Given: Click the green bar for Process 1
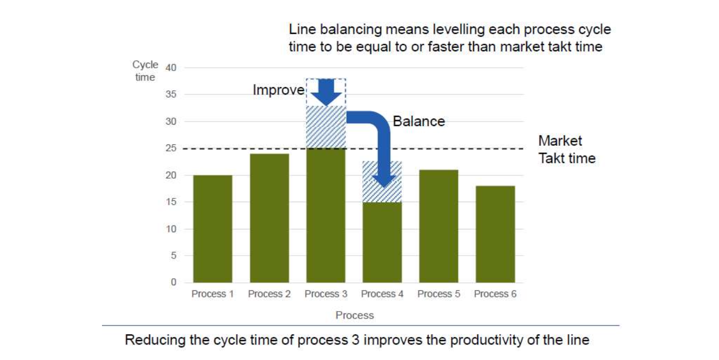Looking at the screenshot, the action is pyautogui.click(x=212, y=228).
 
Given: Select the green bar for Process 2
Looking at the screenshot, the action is pyautogui.click(x=270, y=218).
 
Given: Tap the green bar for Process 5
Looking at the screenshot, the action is pyautogui.click(x=439, y=226).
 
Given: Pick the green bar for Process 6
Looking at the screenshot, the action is pyautogui.click(x=495, y=234).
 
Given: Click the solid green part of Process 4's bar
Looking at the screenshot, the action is pyautogui.click(x=382, y=242).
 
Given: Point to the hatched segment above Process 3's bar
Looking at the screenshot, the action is pyautogui.click(x=326, y=127).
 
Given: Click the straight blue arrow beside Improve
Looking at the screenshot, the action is pyautogui.click(x=326, y=92).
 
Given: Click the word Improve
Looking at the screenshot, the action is pyautogui.click(x=279, y=90).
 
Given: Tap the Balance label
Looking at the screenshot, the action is pyautogui.click(x=419, y=121).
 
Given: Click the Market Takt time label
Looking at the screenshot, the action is pyautogui.click(x=567, y=150).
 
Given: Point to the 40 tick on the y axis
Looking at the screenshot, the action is pyautogui.click(x=171, y=68).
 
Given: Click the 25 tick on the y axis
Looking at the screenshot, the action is pyautogui.click(x=171, y=148).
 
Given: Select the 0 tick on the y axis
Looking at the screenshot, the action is pyautogui.click(x=174, y=282).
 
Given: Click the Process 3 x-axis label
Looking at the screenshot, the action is pyautogui.click(x=326, y=294).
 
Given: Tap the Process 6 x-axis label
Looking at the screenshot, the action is pyautogui.click(x=495, y=294).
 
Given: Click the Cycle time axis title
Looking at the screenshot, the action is pyautogui.click(x=145, y=71).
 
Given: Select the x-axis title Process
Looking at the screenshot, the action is pyautogui.click(x=355, y=315).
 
